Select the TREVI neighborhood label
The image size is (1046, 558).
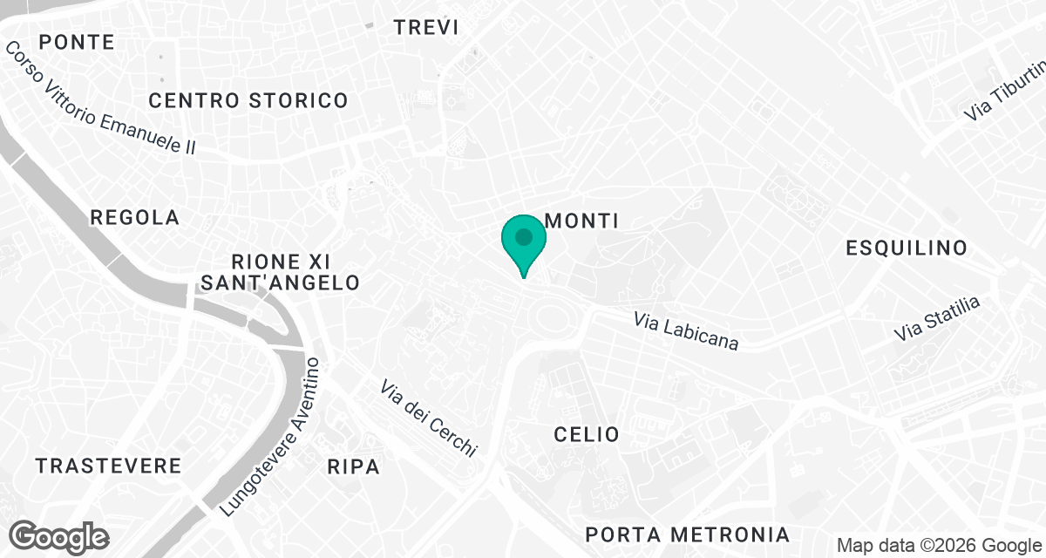(426, 27)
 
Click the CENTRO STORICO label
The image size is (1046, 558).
(248, 101)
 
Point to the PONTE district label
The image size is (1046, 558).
(77, 42)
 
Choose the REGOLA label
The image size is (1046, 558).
(135, 218)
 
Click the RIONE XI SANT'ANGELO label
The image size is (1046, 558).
(280, 271)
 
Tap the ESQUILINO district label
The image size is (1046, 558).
(907, 248)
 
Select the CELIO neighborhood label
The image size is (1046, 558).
(587, 434)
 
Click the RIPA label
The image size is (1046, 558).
(354, 467)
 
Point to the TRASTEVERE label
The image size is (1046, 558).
(109, 466)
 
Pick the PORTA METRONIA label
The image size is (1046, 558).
(688, 534)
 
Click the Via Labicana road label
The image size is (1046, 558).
(686, 331)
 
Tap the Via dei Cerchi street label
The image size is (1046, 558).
(429, 418)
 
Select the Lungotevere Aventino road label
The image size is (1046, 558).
(273, 436)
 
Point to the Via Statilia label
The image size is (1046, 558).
(937, 319)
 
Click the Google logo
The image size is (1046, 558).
(59, 536)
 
